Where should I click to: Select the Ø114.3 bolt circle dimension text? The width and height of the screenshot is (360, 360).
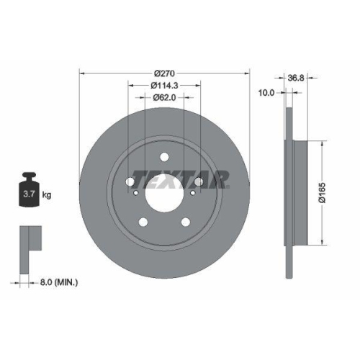click(x=164, y=86)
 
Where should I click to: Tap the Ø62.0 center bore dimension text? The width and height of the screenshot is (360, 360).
click(x=164, y=98)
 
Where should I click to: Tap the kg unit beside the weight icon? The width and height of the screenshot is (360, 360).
click(x=46, y=194)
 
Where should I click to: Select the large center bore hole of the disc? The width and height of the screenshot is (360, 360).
click(x=164, y=192)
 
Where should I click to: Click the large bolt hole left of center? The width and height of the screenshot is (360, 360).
click(x=130, y=181)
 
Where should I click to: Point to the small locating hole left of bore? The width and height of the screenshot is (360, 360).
click(x=135, y=192)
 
